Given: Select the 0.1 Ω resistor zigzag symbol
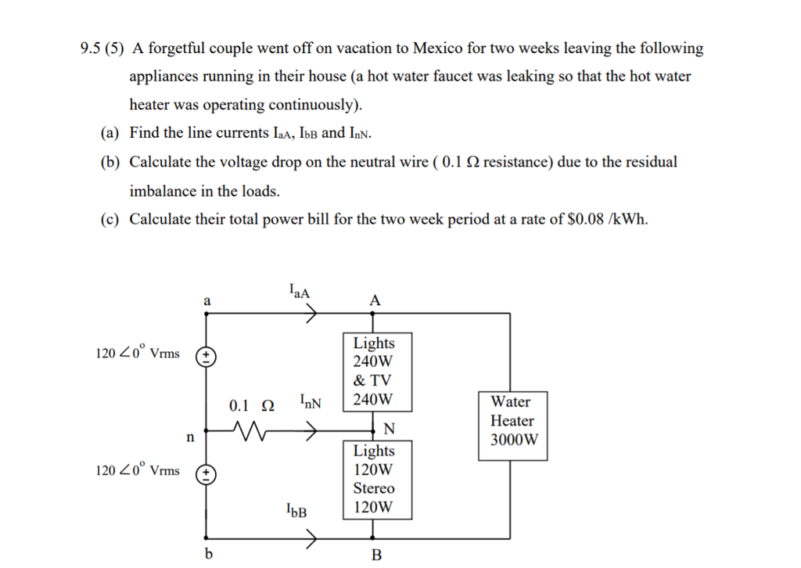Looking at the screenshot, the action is point(249,430).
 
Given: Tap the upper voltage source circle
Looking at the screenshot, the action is point(207,356).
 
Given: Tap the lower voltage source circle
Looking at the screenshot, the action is point(207,475).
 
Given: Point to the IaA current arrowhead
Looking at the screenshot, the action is point(311,313).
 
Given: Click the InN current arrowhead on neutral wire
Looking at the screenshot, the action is point(311,431).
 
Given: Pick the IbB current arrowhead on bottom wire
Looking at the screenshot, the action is point(311,537).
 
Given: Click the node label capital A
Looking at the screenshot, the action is point(375,300).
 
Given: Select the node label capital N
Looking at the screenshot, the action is point(389,429).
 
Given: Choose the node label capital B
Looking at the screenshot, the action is point(376,555).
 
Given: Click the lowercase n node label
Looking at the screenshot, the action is point(191,437).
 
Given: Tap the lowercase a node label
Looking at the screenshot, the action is point(207,301).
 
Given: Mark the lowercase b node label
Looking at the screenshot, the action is point(208,553).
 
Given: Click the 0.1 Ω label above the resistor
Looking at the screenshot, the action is point(251,406).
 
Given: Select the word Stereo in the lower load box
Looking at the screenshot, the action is point(374,488).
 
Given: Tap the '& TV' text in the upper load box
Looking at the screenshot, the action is point(372,380).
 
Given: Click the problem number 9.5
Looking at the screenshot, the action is point(90,48).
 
